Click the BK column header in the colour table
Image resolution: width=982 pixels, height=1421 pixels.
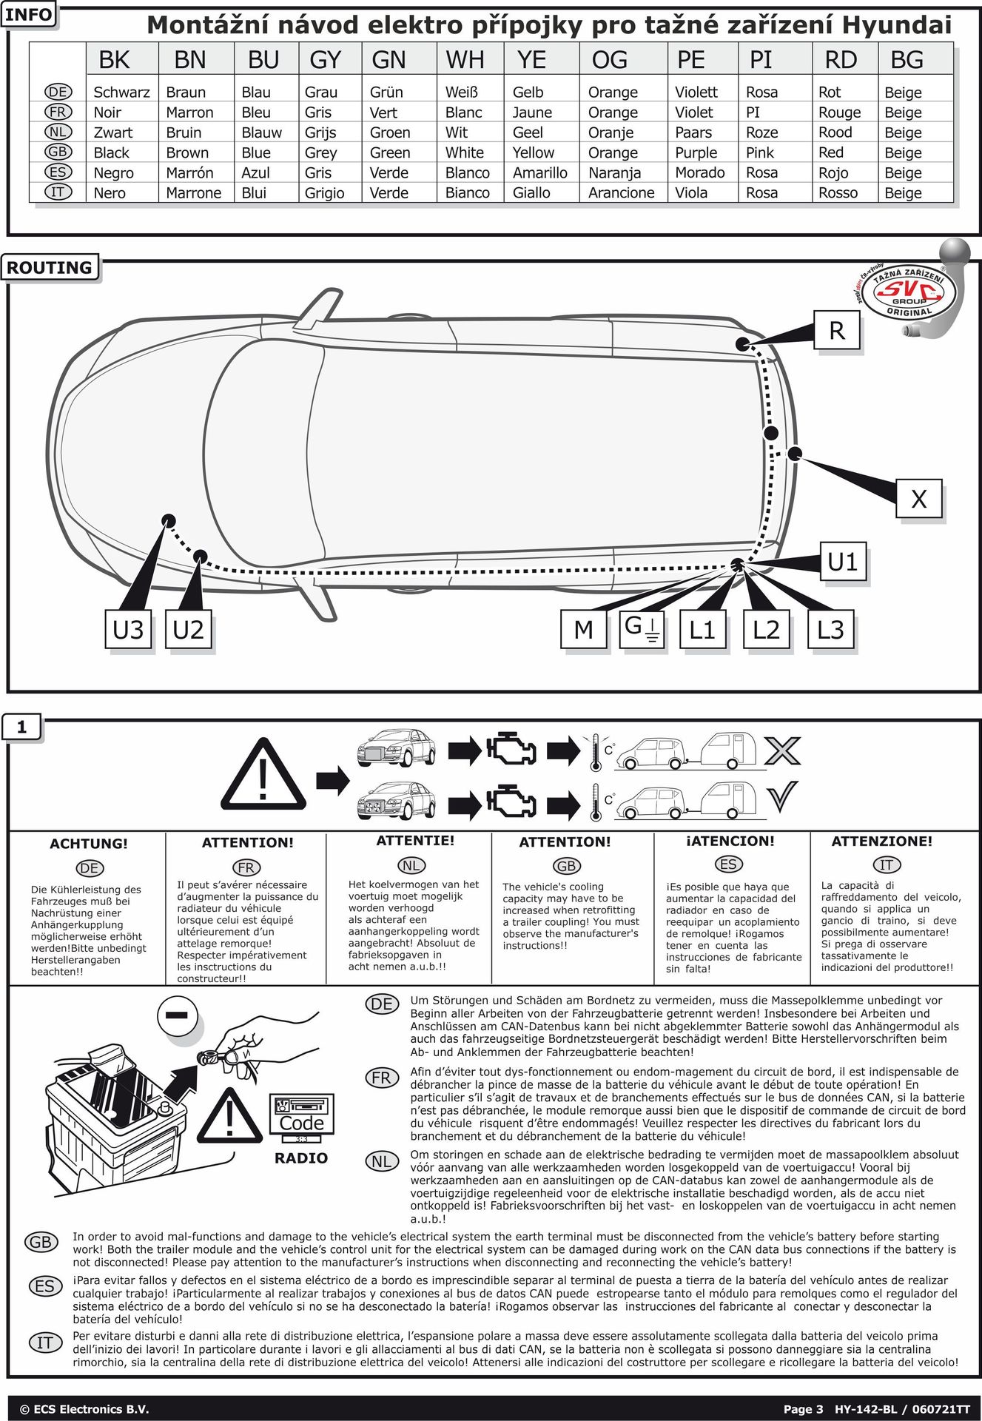tap(114, 60)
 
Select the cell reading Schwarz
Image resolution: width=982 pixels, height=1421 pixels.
tap(121, 93)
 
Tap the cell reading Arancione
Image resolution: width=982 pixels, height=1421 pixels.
tap(621, 193)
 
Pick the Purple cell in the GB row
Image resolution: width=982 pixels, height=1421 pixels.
tap(696, 152)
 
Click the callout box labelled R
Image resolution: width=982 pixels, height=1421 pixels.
tap(837, 330)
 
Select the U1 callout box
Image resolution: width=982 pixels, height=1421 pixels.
tap(842, 562)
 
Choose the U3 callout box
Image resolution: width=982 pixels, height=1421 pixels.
tap(128, 630)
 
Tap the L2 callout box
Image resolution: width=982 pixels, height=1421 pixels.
tap(766, 630)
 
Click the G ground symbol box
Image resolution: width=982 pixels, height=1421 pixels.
tap(642, 628)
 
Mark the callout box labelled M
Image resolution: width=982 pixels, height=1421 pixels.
tap(583, 630)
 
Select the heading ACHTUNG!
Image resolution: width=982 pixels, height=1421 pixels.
tap(89, 844)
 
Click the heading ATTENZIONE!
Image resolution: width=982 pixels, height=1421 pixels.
tap(881, 841)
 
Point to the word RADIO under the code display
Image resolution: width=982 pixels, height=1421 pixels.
tap(300, 1158)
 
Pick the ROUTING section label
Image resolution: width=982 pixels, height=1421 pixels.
tap(50, 268)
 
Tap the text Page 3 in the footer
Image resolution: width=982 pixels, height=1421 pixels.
tap(803, 1409)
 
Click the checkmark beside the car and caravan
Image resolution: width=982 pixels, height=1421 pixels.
tap(781, 796)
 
